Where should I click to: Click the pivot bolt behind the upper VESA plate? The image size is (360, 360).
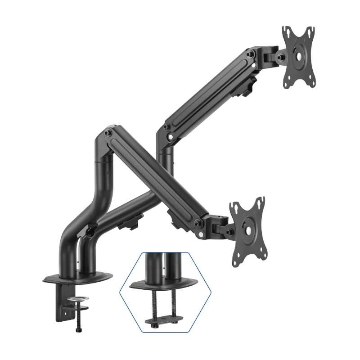[280, 57]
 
